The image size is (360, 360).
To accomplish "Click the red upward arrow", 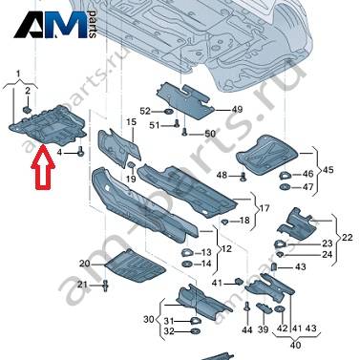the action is click(x=43, y=167).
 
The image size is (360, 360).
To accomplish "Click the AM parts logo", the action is click(x=54, y=25).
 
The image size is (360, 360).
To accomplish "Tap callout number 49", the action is click(x=236, y=110).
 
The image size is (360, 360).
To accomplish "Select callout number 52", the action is click(x=145, y=111).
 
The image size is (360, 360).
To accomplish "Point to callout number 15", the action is click(x=131, y=121).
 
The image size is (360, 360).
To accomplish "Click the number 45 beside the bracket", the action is click(x=328, y=170).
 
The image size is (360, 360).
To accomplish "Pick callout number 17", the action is click(x=264, y=209).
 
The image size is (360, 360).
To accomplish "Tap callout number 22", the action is click(x=347, y=237).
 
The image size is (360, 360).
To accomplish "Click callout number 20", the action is click(x=85, y=264).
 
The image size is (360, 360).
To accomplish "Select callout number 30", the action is click(x=149, y=319).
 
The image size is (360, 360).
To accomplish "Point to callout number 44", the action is click(x=247, y=330).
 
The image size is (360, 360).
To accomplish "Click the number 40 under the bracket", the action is click(x=296, y=345).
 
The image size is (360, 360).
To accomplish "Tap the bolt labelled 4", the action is click(x=80, y=151).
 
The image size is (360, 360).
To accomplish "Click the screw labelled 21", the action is click(x=106, y=285).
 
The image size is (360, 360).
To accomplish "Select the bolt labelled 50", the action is click(x=184, y=133).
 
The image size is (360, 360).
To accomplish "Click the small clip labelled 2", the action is click(x=27, y=110).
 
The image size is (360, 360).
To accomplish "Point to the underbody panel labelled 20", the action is click(x=135, y=266).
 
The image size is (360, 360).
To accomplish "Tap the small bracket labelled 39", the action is click(x=265, y=307).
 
